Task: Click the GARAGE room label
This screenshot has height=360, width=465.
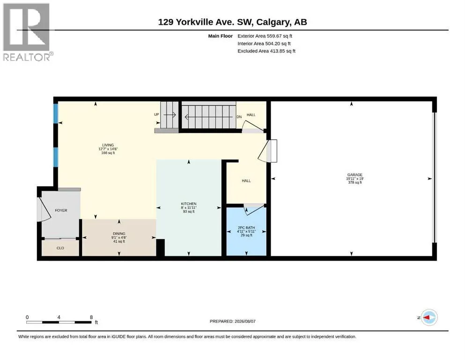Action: (x=354, y=175)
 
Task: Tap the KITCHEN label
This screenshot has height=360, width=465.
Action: (x=189, y=204)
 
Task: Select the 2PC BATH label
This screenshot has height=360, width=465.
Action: (x=246, y=228)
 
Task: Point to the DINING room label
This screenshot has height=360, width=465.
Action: (x=119, y=233)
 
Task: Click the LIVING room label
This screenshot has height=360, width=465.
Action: (x=108, y=145)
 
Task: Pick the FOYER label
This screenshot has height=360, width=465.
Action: (x=61, y=210)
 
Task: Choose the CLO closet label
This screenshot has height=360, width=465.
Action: (x=60, y=248)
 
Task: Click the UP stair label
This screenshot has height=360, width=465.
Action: (x=156, y=114)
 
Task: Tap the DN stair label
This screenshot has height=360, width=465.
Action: (x=239, y=117)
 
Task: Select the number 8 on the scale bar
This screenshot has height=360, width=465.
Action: (x=91, y=317)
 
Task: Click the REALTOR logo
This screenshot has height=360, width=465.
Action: (x=27, y=32)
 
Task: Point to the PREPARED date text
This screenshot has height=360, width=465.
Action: (x=232, y=321)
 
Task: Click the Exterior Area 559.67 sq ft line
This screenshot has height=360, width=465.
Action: (x=265, y=36)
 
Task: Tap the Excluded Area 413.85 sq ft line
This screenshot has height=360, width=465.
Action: (x=266, y=51)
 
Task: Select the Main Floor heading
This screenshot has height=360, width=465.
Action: (x=221, y=36)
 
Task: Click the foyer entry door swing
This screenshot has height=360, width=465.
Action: (x=44, y=209)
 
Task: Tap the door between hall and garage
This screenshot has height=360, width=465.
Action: (x=267, y=151)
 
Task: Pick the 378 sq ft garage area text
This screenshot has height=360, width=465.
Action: (x=354, y=182)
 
